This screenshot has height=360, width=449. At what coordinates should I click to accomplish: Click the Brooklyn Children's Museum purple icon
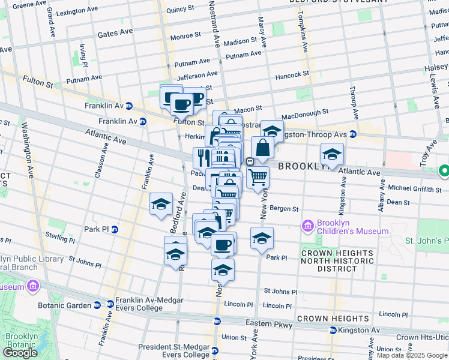pyautogui.click(x=308, y=226)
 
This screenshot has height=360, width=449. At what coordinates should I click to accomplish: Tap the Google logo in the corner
pyautogui.click(x=20, y=352)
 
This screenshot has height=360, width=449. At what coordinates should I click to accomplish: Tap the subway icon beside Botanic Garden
pyautogui.click(x=97, y=305)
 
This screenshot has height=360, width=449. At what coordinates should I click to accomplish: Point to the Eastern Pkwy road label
pyautogui.click(x=269, y=325)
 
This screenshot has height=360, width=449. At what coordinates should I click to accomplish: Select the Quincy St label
pyautogui.click(x=181, y=10)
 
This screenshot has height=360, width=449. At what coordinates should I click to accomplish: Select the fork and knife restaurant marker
pyautogui.click(x=201, y=157)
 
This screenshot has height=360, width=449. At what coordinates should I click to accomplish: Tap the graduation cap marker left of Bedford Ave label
pyautogui.click(x=161, y=205)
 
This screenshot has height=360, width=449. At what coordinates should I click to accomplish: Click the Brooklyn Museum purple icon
pyautogui.click(x=34, y=286)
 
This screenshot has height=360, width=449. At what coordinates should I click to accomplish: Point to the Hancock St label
pyautogui.click(x=292, y=76)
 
